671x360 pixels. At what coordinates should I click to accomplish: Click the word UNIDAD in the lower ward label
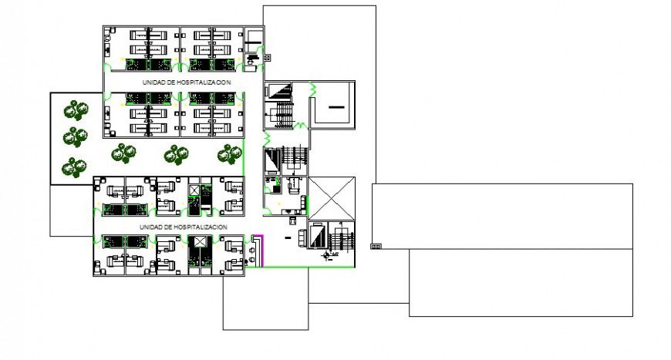click(150, 227)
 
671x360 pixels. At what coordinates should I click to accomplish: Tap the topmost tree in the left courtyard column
click(75, 110)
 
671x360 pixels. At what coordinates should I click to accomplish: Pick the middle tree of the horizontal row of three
click(176, 155)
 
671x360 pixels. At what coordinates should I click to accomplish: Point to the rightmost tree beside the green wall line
click(228, 154)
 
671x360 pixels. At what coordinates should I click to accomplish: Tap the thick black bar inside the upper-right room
click(336, 107)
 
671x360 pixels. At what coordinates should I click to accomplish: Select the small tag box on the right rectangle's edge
click(376, 247)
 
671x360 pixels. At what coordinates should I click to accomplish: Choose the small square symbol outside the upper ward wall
click(268, 56)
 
